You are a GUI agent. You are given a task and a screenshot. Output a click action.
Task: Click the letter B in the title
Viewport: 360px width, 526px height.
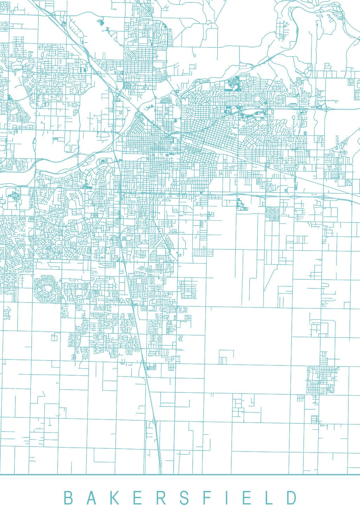coord(68,498)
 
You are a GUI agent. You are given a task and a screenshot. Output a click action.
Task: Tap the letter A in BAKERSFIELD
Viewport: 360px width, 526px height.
coord(90,498)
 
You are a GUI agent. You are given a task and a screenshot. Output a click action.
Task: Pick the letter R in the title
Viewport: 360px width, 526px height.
coord(160,498)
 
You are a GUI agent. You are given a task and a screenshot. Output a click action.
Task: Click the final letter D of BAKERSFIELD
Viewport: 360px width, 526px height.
coord(291,498)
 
